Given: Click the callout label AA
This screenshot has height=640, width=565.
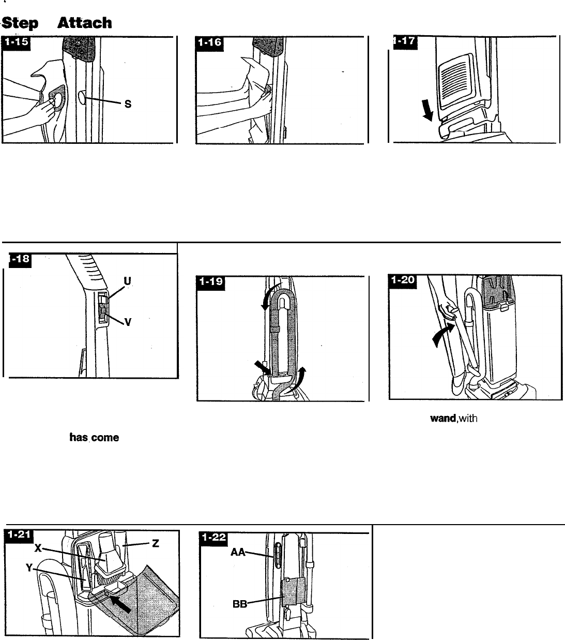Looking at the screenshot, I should (x=238, y=552).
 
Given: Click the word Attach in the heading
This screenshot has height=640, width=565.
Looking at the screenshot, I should (x=84, y=23).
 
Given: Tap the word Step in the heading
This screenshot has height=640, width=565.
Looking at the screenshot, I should (x=21, y=23).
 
